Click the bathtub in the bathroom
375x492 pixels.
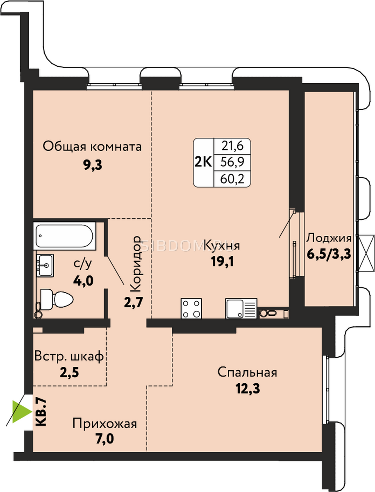tap(64, 236)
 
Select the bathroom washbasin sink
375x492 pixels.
tap(45, 265)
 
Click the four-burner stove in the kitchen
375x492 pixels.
tap(191, 308)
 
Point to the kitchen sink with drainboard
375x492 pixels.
tap(241, 308)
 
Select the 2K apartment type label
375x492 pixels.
tap(203, 162)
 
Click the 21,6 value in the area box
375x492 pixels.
tap(232, 146)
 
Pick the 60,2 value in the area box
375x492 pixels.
tap(232, 179)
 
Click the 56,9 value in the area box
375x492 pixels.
tap(232, 162)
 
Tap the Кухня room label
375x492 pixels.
tap(222, 246)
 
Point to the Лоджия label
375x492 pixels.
tap(329, 239)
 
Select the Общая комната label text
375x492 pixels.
tap(92, 147)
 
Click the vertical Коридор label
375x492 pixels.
tap(136, 264)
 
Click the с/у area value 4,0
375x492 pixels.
tap(83, 281)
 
